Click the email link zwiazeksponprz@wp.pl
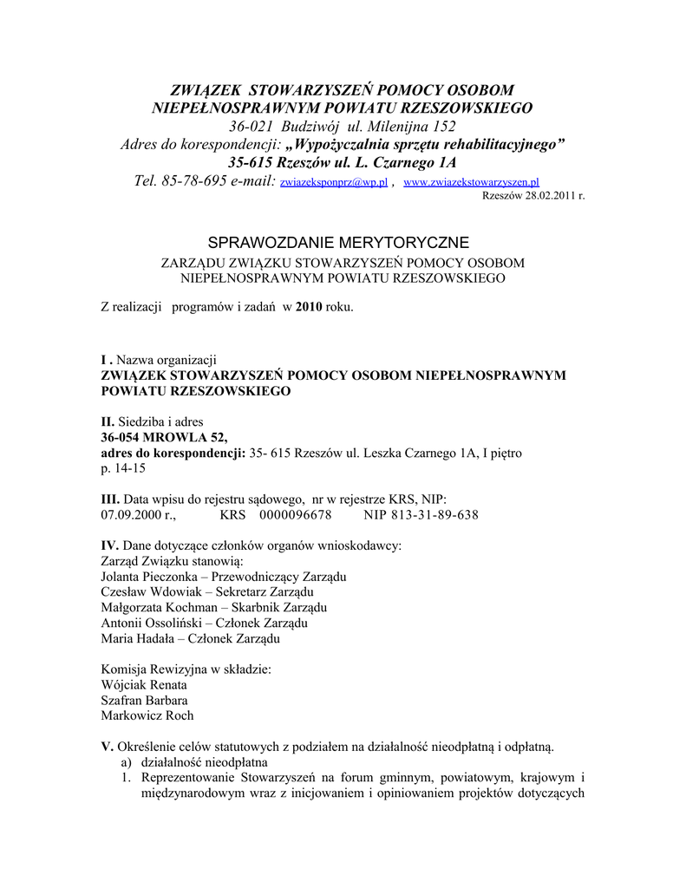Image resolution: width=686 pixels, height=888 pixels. [334, 184]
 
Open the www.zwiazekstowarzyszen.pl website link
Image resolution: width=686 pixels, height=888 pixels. [472, 184]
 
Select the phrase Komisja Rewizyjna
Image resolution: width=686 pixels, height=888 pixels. [154, 669]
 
